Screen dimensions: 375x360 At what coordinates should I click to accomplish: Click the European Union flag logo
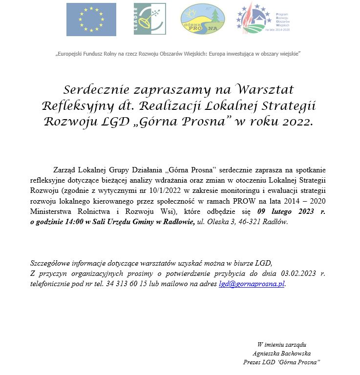coord(91,20)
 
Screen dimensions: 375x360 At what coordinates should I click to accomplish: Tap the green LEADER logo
coord(150,19)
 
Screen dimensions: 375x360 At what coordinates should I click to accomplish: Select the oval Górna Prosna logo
coord(203,20)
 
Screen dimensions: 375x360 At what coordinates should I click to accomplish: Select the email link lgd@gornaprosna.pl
coord(252,284)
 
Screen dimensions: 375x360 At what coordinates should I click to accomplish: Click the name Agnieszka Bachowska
coord(282,354)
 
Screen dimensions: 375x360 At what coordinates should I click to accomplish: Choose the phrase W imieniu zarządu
coord(282,345)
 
